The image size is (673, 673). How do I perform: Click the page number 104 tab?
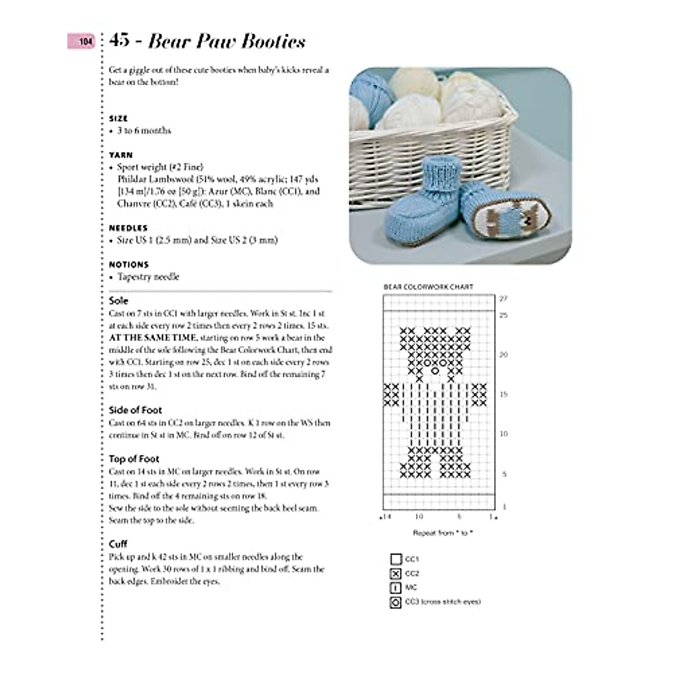tap(82, 42)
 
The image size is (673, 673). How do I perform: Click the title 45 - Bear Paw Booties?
tap(208, 41)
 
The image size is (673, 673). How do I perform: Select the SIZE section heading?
tap(118, 118)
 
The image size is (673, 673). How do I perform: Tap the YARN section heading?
tap(121, 155)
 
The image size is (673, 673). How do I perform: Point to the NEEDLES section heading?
tap(128, 228)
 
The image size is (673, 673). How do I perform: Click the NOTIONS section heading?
tap(129, 265)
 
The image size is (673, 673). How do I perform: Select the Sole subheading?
tap(118, 301)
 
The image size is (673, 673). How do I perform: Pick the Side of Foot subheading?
tap(135, 410)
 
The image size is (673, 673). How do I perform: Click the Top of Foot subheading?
tap(134, 459)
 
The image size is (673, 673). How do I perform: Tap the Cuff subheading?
tap(118, 544)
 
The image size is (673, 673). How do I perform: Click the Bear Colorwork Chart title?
tap(428, 287)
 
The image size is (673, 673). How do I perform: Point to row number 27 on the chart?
tap(503, 298)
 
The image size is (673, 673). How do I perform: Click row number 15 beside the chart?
tap(503, 394)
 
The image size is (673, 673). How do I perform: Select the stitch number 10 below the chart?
tap(419, 517)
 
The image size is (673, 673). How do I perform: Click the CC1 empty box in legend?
tap(395, 559)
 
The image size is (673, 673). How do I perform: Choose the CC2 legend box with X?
tap(395, 574)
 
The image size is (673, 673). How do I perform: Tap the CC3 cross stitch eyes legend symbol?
tap(395, 602)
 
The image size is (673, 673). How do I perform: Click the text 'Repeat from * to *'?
tap(442, 533)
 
